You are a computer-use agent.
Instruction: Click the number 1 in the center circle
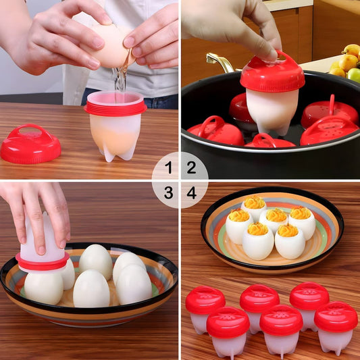(168, 167)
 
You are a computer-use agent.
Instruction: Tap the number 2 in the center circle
(192, 167)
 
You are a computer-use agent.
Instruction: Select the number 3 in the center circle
(168, 193)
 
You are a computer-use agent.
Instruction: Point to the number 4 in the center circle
(192, 193)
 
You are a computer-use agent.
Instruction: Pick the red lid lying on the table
(30, 144)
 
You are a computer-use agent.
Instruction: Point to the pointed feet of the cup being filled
(115, 152)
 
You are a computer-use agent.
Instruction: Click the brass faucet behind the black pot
(222, 61)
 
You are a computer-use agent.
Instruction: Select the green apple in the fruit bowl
(355, 74)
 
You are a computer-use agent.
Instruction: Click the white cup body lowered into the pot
(272, 108)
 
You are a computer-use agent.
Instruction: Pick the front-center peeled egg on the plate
(91, 288)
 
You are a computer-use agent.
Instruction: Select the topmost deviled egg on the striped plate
(255, 207)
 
